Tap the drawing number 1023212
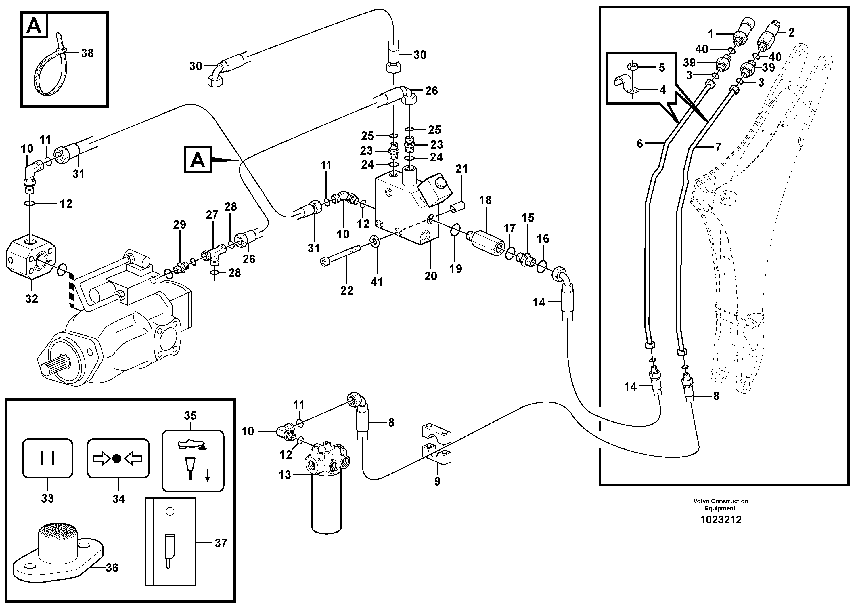[x=720, y=520]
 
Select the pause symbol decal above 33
[x=47, y=458]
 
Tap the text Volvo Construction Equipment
[x=720, y=504]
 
